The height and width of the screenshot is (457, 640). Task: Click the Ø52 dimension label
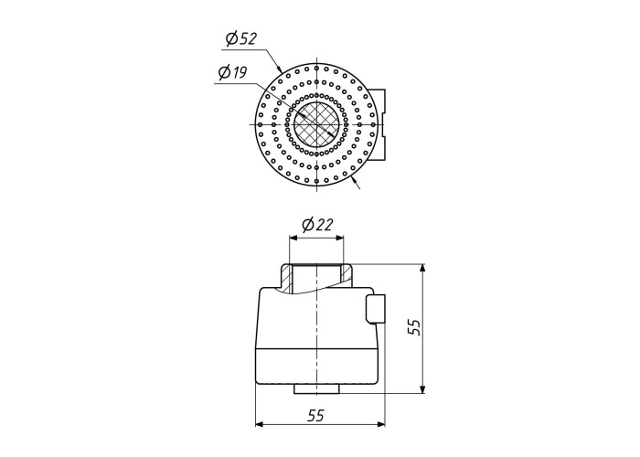click(x=241, y=39)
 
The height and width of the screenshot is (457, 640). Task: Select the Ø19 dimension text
click(x=232, y=72)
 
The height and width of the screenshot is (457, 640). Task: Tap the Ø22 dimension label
click(x=317, y=225)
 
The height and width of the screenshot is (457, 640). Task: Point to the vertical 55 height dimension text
click(x=415, y=327)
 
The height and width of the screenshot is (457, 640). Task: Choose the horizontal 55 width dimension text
click(x=315, y=415)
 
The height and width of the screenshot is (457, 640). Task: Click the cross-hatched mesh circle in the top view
click(x=316, y=124)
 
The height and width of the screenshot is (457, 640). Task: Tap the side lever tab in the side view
click(x=375, y=309)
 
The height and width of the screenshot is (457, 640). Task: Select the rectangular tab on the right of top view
click(x=377, y=124)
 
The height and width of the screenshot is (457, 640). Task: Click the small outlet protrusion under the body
click(x=316, y=389)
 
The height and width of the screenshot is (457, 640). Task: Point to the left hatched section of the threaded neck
click(x=286, y=278)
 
